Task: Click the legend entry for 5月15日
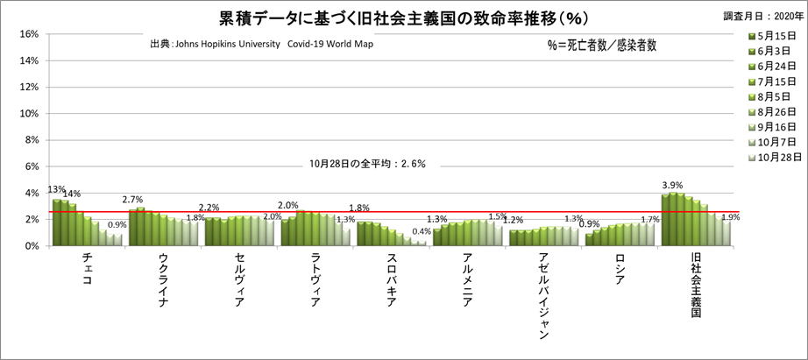click(x=771, y=36)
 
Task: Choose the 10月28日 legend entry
click(x=771, y=158)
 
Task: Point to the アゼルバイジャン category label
click(x=545, y=298)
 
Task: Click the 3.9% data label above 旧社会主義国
click(x=672, y=186)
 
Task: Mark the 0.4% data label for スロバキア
click(x=422, y=232)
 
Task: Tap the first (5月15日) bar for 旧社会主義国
click(x=665, y=220)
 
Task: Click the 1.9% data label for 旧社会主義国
click(x=731, y=217)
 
